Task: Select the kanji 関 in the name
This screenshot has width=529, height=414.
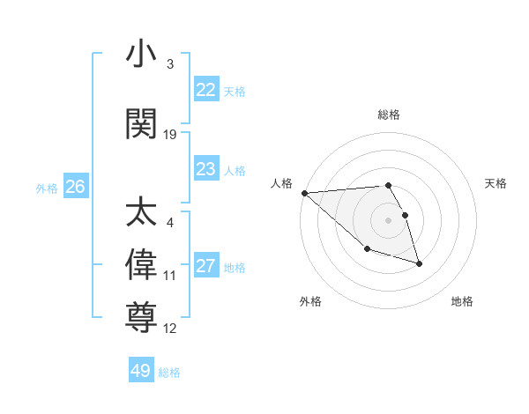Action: pos(141,124)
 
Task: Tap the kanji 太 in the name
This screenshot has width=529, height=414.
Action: pos(141,213)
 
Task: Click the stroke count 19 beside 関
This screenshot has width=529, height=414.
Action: pos(170,135)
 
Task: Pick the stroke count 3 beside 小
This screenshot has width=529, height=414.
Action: pos(170,64)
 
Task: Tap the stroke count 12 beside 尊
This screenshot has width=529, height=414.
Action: pos(170,329)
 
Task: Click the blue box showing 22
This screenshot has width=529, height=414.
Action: pos(205,90)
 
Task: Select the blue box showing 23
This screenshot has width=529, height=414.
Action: pos(205,169)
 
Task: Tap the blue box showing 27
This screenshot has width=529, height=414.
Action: pos(205,266)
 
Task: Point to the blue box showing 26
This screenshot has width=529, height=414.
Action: pos(75,187)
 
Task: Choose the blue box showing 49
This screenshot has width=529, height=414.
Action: pos(141,371)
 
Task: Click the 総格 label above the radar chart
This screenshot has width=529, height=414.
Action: pos(389,115)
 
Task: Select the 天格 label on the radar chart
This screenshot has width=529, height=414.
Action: pos(495,183)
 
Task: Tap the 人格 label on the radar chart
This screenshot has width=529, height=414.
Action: pos(282,183)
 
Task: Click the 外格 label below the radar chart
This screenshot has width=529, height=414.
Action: pos(310,301)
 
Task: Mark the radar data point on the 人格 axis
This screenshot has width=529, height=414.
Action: pos(304,193)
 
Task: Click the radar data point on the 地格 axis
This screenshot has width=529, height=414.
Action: pos(419,263)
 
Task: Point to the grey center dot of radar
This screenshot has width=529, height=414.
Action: pos(389,220)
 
